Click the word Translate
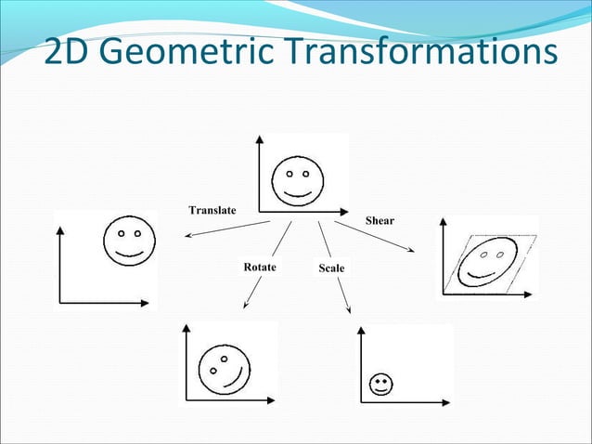[212, 210]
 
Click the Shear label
[380, 220]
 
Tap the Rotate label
[260, 267]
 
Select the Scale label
[331, 268]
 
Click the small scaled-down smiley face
[380, 385]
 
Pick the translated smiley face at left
[129, 241]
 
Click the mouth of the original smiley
[297, 193]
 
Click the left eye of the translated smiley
[120, 232]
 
